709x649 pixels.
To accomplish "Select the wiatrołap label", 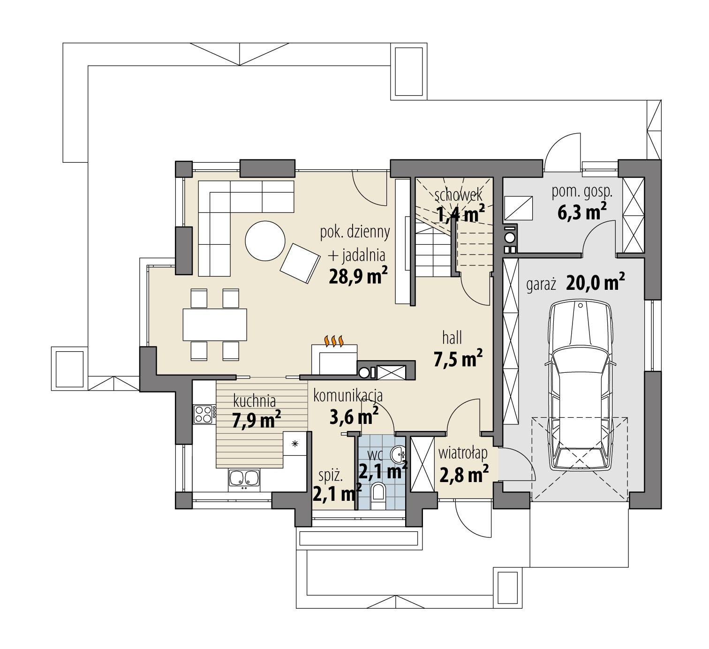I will point(463,453).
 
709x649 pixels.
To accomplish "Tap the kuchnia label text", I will point(254,400).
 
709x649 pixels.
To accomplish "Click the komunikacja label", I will point(348,395).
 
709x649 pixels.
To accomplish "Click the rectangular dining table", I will point(215,324).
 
